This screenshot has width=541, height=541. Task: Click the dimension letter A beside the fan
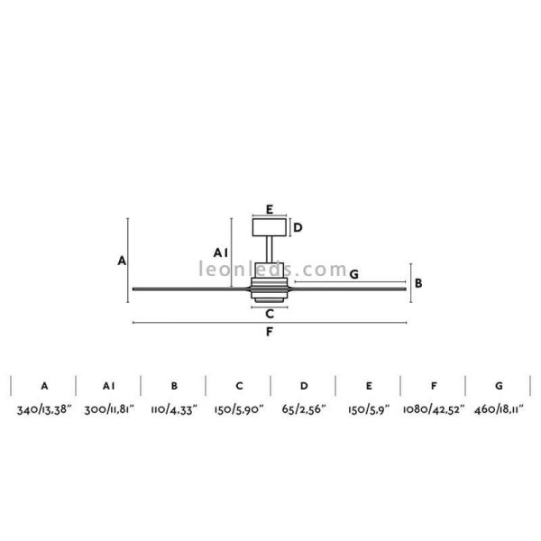click(122, 261)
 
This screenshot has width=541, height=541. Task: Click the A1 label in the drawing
click(218, 252)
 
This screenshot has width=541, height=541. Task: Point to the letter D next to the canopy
click(298, 227)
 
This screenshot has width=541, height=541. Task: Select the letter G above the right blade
click(353, 274)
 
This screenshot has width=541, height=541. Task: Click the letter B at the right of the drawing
click(418, 283)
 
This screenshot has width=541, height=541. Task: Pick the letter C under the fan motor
click(270, 314)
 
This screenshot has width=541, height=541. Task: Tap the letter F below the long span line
click(270, 333)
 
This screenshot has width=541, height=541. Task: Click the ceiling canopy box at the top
click(270, 225)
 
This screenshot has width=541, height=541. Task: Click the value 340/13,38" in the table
click(43, 410)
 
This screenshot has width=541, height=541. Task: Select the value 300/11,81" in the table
click(108, 410)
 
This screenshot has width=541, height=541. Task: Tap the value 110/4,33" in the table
click(173, 410)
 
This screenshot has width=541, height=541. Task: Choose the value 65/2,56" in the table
click(304, 410)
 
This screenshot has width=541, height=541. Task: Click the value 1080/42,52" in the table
click(434, 410)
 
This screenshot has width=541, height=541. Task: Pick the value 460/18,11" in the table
click(499, 410)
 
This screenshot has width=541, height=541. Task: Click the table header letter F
click(434, 386)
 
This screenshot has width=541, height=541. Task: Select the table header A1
click(108, 386)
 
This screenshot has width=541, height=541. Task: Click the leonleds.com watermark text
click(271, 270)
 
